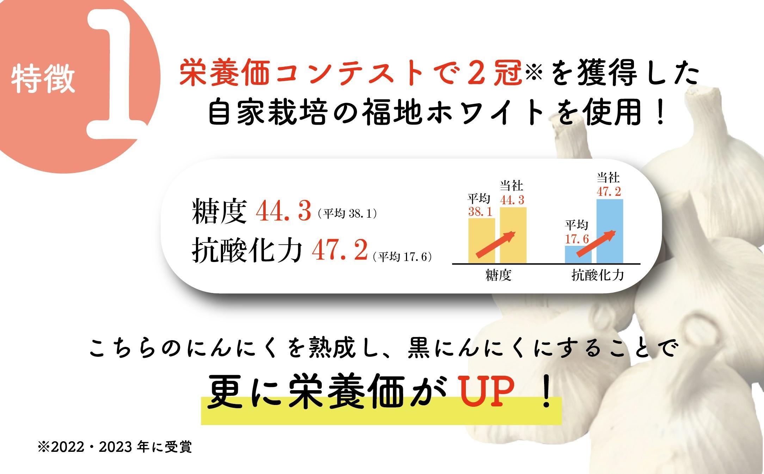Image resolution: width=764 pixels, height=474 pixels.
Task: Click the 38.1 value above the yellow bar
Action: click(x=480, y=212)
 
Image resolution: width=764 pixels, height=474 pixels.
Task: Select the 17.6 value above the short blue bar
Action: click(x=577, y=239)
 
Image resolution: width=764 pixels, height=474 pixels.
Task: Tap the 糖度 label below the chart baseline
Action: click(x=498, y=275)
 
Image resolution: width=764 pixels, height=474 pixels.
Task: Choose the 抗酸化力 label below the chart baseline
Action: click(x=598, y=275)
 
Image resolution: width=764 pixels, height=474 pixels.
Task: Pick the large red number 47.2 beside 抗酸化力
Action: click(x=340, y=250)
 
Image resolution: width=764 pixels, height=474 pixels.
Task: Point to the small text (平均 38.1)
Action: click(x=347, y=214)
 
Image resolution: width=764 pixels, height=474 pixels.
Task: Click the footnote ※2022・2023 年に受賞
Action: click(x=115, y=447)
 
